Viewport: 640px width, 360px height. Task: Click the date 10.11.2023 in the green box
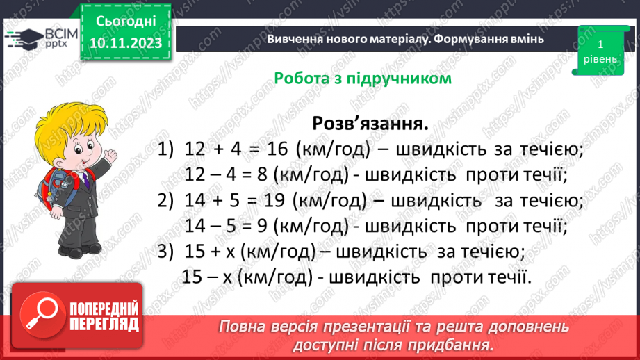pos(126,43)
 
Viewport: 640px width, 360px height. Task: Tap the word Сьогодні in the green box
pos(126,22)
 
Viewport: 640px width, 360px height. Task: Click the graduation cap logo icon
pos(25,38)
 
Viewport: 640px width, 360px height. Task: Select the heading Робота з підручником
pos(363,78)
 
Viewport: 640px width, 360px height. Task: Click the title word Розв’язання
pos(370,123)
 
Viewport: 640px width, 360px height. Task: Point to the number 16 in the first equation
pos(277,149)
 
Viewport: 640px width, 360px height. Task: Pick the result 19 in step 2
pos(274,200)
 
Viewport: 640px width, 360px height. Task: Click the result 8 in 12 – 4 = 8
pos(262,174)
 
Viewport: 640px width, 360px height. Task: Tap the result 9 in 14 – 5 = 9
pos(262,226)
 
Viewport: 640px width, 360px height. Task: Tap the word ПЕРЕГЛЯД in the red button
pos(104,324)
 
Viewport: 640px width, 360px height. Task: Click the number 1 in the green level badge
pos(600,44)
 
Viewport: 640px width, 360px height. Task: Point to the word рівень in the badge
pos(600,59)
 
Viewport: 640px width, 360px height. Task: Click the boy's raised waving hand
pos(109,156)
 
